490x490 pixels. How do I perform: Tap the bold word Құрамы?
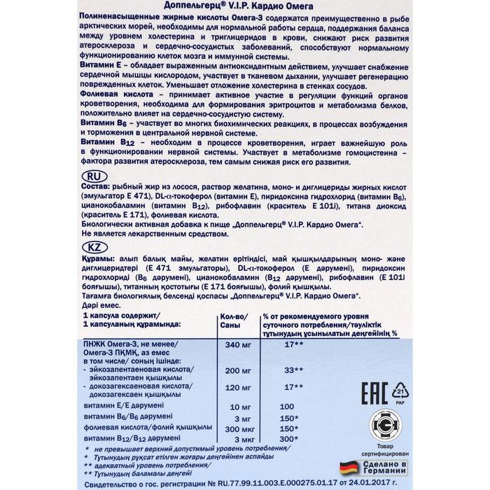(x=99, y=260)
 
